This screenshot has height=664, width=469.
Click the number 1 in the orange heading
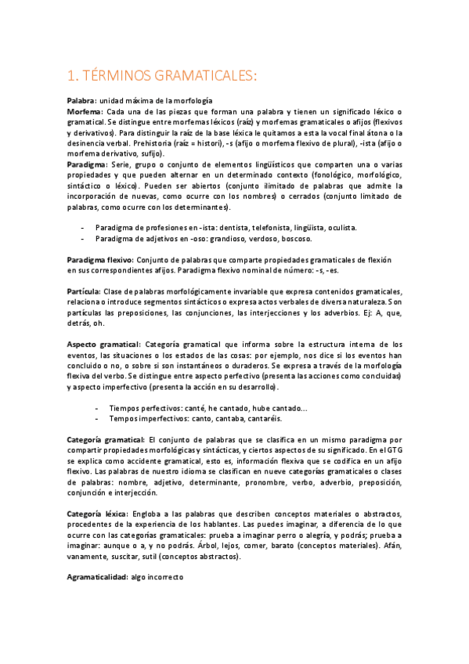[x=72, y=75]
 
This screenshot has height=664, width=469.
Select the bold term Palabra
[x=81, y=102]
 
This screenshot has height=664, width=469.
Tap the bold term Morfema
[x=84, y=113]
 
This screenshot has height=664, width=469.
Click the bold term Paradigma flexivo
[x=100, y=258]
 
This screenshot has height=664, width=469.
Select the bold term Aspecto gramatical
[x=103, y=345]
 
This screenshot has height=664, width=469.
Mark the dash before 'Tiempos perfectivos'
[x=96, y=409]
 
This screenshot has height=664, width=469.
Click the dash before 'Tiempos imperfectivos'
[x=96, y=420]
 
